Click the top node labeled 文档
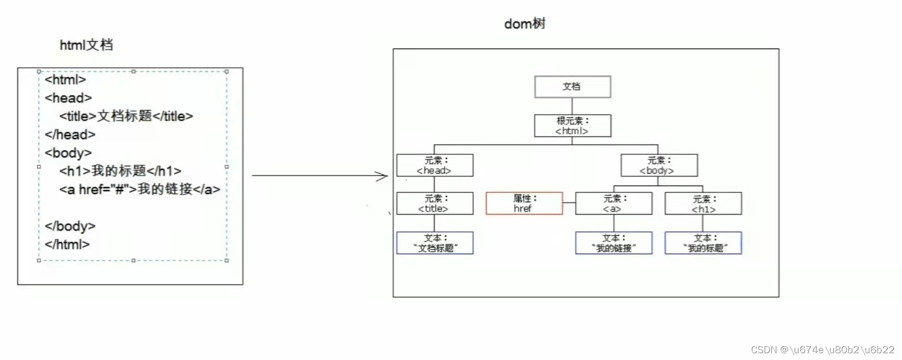(572, 86)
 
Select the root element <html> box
(572, 126)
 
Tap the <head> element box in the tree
(435, 165)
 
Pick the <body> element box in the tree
(659, 165)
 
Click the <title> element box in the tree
(435, 204)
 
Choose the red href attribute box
(524, 204)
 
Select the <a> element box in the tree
(613, 204)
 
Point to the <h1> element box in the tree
(703, 204)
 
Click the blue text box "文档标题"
(435, 243)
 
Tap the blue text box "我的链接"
(613, 243)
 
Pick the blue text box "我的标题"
(703, 243)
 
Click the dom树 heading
(524, 23)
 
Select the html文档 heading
(86, 45)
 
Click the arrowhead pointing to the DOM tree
(383, 176)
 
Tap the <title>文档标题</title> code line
(126, 116)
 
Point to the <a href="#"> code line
(140, 190)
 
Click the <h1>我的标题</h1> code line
(120, 171)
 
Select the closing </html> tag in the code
(67, 244)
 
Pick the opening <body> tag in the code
(68, 153)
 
